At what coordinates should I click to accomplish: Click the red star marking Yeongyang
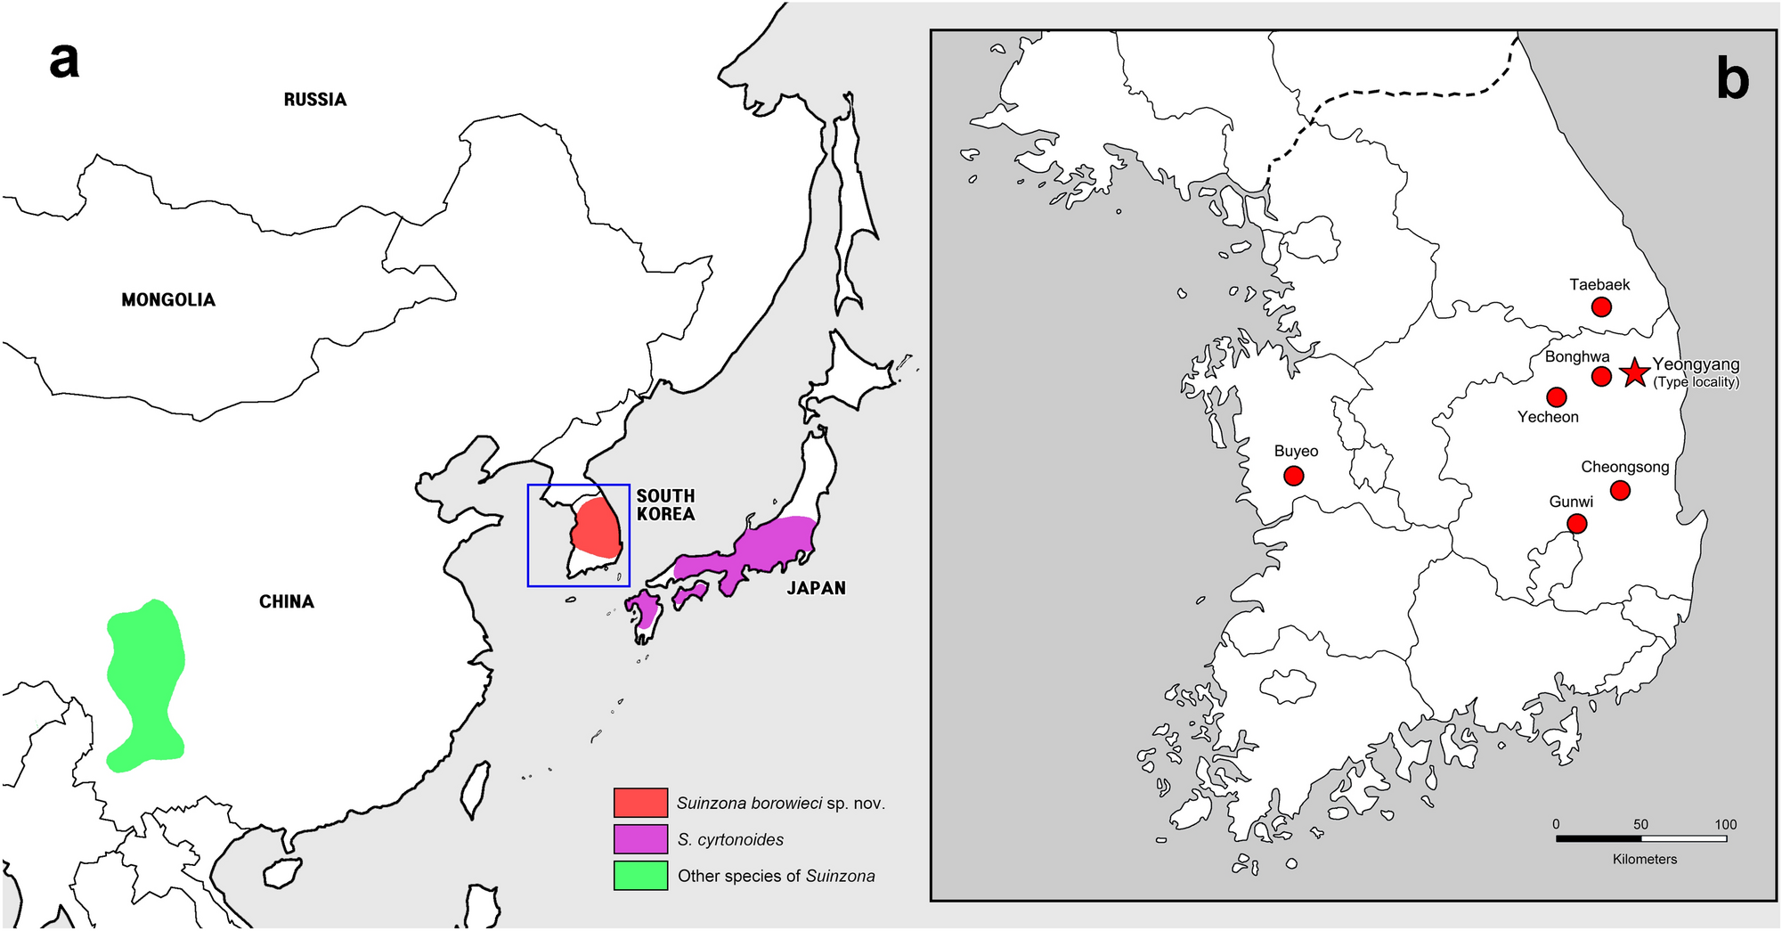point(1634,373)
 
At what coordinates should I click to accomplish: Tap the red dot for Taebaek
point(1601,307)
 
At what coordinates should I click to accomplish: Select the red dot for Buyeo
point(1294,477)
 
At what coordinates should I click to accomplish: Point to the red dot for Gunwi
point(1576,524)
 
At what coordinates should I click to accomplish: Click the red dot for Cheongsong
point(1621,490)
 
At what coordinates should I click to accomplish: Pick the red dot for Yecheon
point(1557,396)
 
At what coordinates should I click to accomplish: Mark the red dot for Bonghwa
point(1601,376)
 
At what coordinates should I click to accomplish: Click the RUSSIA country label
point(315,100)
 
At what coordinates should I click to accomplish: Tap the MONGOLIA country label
point(168,300)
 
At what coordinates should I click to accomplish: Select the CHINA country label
point(287,602)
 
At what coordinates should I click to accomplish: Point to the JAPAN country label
point(816,588)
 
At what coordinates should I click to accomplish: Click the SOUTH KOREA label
point(665,505)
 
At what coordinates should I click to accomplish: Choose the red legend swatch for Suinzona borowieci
point(640,803)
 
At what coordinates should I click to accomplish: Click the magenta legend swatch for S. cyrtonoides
point(640,839)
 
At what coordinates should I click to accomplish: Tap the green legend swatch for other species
point(640,876)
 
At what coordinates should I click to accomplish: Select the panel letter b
point(1732,78)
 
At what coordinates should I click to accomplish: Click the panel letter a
point(64,61)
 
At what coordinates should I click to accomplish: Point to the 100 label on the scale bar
point(1726,824)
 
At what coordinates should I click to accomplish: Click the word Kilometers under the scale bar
point(1645,860)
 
